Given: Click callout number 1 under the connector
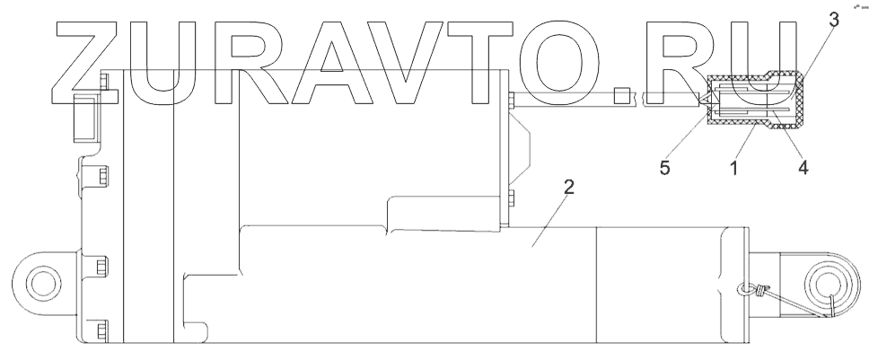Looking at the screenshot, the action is [x=733, y=167].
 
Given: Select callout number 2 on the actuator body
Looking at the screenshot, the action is [x=568, y=188].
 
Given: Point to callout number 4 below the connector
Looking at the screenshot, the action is [x=802, y=167].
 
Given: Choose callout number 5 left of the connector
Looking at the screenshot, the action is [x=665, y=168].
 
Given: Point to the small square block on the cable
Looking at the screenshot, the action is [x=620, y=97].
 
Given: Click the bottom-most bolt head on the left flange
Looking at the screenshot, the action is [x=101, y=328].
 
